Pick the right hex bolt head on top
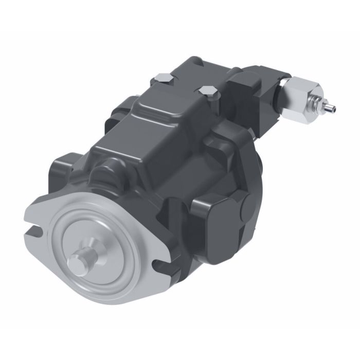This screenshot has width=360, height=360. [x=208, y=93]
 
